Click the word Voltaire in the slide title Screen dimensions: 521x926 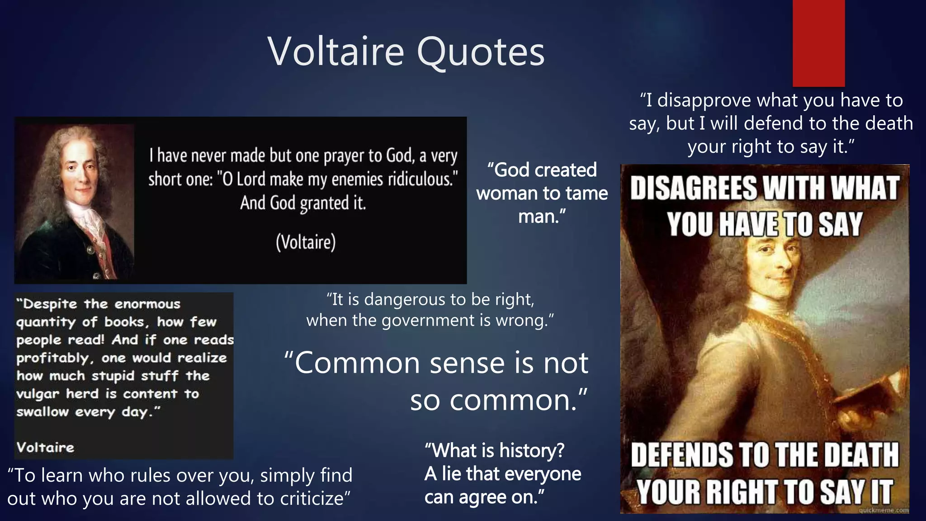pyautogui.click(x=335, y=52)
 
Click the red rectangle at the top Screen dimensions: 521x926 pyautogui.click(x=818, y=43)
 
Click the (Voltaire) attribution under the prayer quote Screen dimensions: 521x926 pyautogui.click(x=306, y=242)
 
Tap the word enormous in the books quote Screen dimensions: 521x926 pyautogui.click(x=147, y=304)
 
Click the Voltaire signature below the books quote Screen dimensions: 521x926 pyautogui.click(x=45, y=448)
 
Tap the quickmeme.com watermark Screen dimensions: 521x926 pyautogui.click(x=883, y=510)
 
